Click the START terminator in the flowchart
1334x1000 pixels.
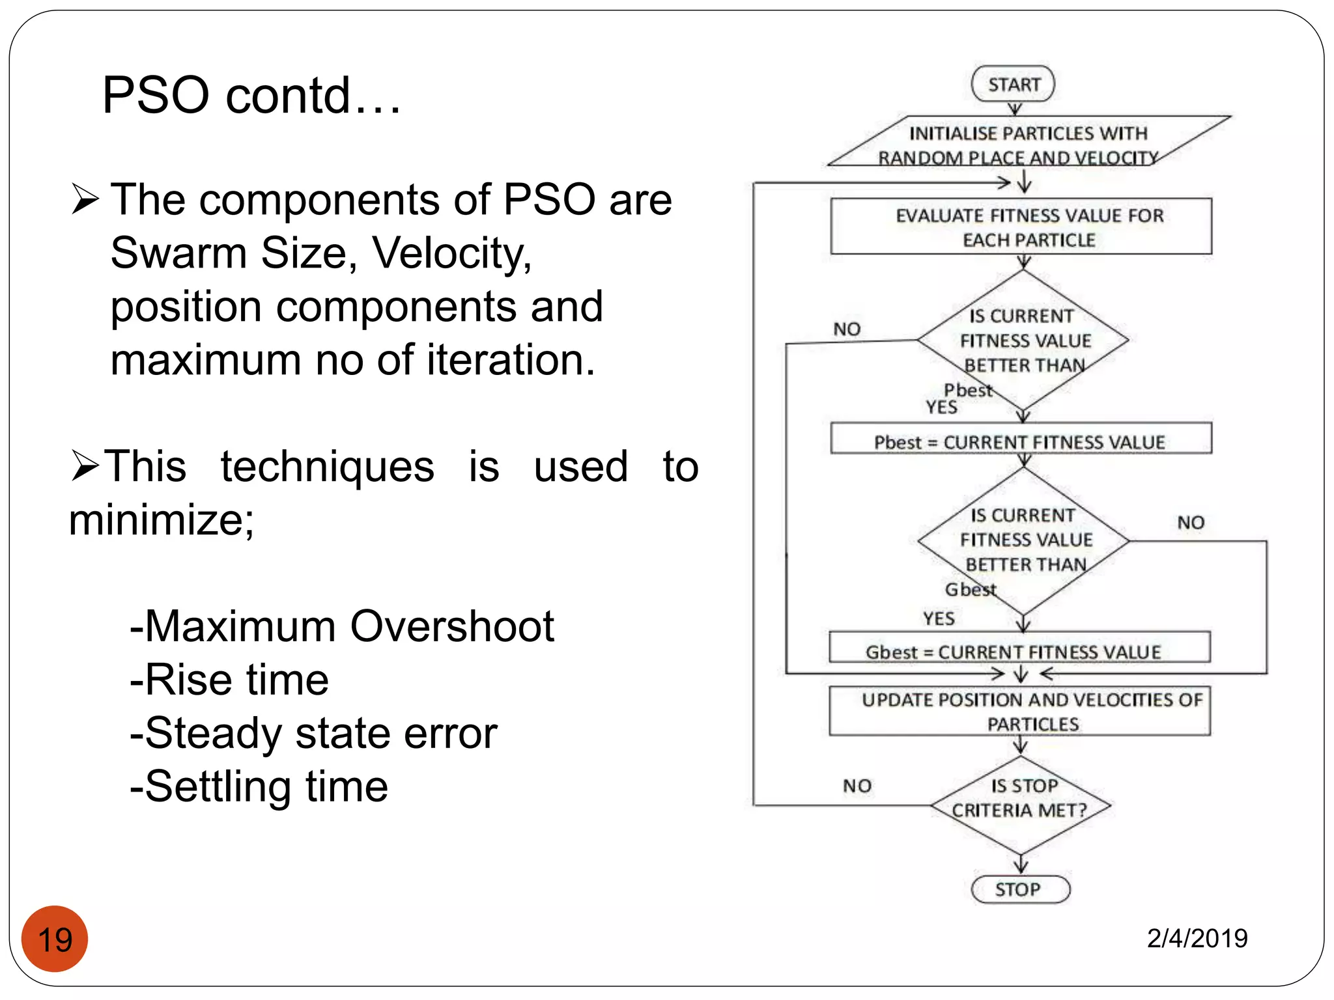pyautogui.click(x=1013, y=85)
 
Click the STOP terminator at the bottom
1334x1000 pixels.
pyautogui.click(x=1019, y=889)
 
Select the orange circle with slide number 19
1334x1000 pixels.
pyautogui.click(x=55, y=939)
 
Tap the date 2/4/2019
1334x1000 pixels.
pyautogui.click(x=1197, y=938)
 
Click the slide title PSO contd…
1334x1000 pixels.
pyautogui.click(x=251, y=95)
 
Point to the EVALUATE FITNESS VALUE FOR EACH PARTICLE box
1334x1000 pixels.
pyautogui.click(x=1021, y=227)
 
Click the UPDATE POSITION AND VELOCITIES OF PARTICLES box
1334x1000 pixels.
pyautogui.click(x=1020, y=711)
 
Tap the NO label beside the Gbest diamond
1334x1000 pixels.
pyautogui.click(x=1191, y=522)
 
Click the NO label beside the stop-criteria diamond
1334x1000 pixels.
pyautogui.click(x=857, y=786)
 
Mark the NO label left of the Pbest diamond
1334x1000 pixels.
pyautogui.click(x=847, y=329)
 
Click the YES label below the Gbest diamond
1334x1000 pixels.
pyautogui.click(x=939, y=618)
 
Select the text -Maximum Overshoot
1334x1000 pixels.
pyautogui.click(x=342, y=626)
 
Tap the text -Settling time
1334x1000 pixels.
pyautogui.click(x=259, y=786)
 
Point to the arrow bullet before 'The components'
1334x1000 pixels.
pyautogui.click(x=85, y=199)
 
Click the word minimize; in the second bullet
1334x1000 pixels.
pyautogui.click(x=162, y=520)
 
